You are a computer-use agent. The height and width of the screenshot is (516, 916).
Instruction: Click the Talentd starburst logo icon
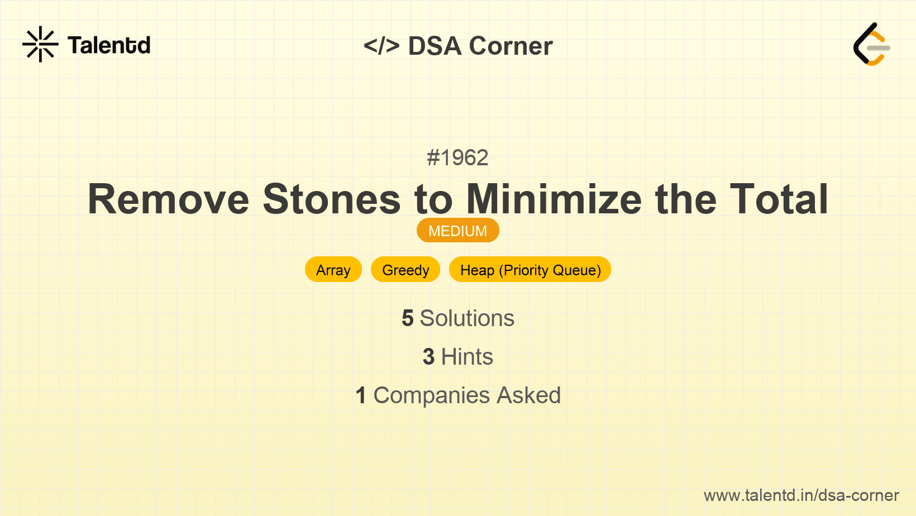[40, 44]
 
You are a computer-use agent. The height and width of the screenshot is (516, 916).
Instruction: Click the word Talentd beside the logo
[109, 45]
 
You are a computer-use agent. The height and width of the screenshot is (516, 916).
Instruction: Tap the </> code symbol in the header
[381, 46]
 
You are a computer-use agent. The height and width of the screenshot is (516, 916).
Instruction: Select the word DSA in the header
[435, 46]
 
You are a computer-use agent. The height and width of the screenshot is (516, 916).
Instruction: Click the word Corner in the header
[511, 46]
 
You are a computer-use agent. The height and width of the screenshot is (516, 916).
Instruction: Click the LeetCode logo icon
[871, 45]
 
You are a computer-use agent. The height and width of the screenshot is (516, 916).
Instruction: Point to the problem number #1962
[457, 158]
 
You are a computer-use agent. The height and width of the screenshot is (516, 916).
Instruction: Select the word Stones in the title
[332, 199]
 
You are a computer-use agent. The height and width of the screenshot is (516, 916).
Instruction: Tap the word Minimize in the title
[554, 199]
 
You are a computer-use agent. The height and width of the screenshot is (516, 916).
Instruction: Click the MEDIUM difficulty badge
[457, 231]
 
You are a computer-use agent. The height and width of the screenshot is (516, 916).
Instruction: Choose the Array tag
[333, 270]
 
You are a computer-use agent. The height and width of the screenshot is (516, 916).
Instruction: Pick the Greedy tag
[405, 270]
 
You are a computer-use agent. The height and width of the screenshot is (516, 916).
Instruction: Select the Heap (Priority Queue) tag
[530, 270]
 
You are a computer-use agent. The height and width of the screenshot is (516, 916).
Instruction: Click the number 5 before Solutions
[408, 318]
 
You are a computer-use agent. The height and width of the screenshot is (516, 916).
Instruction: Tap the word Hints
[467, 357]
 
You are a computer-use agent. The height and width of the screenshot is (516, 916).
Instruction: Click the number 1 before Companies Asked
[361, 395]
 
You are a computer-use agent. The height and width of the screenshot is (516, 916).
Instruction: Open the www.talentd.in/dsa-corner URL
[801, 495]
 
